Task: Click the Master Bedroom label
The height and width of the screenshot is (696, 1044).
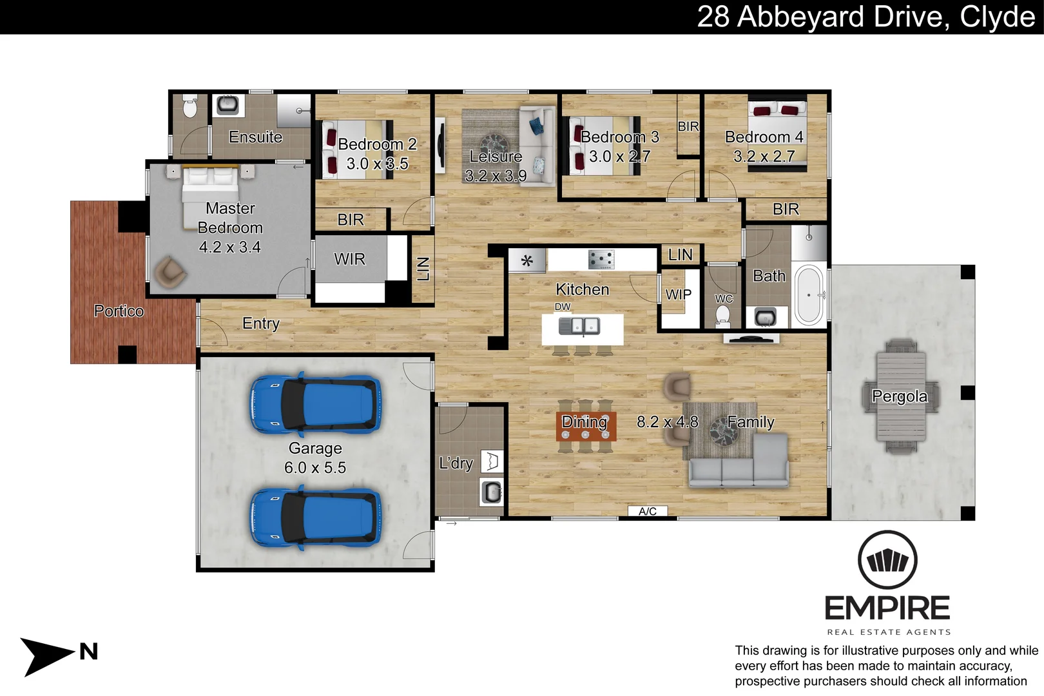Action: tap(230, 218)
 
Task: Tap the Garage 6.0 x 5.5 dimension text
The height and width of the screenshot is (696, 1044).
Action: tap(315, 468)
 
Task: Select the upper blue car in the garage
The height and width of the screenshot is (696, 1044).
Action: tap(315, 404)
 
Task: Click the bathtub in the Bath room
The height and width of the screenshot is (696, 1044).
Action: tap(809, 295)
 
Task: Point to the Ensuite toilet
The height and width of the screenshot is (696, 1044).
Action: tap(189, 107)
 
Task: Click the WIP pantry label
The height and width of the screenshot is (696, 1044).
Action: tap(678, 295)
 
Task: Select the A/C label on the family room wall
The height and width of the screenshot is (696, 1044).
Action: tap(648, 512)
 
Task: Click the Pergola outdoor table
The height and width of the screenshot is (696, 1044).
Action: tap(901, 396)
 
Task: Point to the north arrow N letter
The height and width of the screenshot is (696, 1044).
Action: tap(89, 652)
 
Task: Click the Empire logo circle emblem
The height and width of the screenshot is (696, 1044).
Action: tap(887, 559)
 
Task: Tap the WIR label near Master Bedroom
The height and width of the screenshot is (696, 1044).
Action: tap(349, 259)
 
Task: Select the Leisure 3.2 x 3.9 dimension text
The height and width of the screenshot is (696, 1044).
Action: tap(496, 176)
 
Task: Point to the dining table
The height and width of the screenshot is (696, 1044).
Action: tap(586, 426)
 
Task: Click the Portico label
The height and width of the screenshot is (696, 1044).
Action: tap(119, 311)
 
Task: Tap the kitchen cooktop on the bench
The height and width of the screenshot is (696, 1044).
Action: tap(601, 260)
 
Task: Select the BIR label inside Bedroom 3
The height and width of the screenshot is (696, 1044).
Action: tap(688, 126)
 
